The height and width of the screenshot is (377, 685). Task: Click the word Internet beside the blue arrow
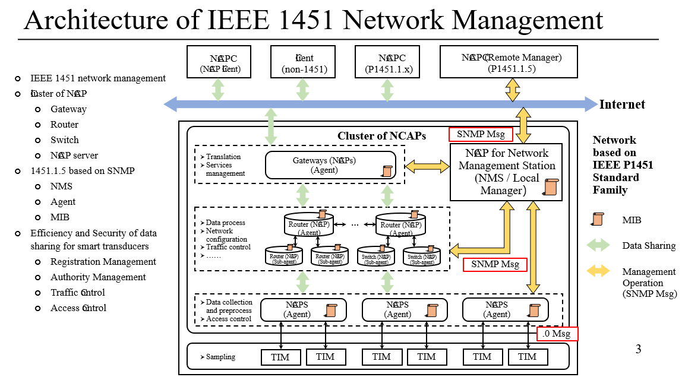[x=622, y=105]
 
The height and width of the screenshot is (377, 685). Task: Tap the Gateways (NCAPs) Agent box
[x=330, y=165]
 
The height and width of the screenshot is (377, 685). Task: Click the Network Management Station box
[x=506, y=172]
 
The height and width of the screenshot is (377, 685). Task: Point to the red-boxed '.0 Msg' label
[x=557, y=334]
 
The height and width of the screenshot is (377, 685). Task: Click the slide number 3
[x=639, y=349]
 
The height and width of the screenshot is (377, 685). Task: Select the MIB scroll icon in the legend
[x=599, y=220]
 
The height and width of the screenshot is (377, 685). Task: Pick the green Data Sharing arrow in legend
[x=598, y=245]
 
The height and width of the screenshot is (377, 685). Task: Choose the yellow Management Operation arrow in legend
[x=598, y=271]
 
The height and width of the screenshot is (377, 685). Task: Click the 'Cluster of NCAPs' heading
[x=381, y=136]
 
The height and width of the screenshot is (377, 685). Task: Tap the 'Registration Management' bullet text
[x=103, y=262]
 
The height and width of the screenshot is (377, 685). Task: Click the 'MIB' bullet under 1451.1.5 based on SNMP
[x=59, y=217]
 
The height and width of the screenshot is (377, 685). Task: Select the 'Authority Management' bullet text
[x=98, y=277]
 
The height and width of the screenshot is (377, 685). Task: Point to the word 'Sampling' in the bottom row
[x=220, y=357]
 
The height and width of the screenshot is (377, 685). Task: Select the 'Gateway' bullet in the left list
[x=68, y=109]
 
